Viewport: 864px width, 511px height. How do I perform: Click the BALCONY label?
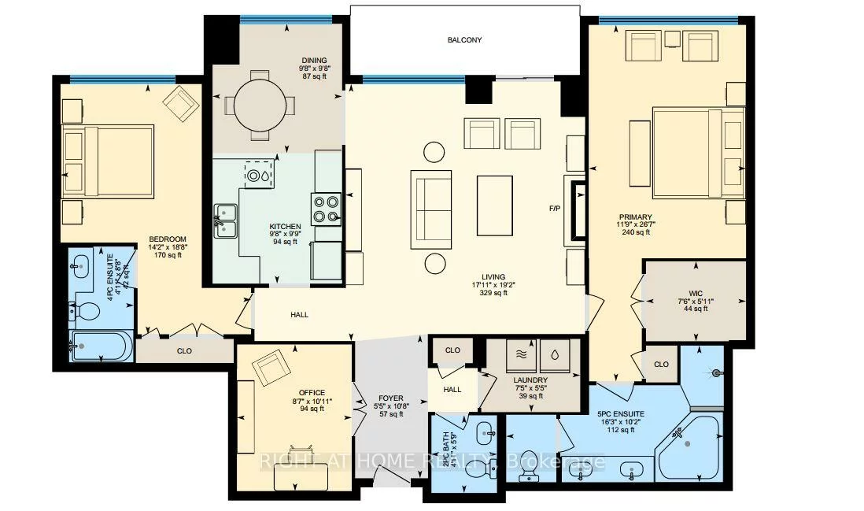[464, 40]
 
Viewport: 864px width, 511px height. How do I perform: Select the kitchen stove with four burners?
[326, 209]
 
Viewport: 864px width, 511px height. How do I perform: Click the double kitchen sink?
[226, 220]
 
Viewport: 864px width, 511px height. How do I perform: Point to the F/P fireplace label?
[555, 209]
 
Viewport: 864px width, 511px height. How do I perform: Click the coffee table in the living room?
[495, 205]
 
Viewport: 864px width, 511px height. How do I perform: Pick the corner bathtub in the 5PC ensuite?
[689, 447]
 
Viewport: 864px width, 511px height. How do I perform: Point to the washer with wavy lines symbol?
[520, 354]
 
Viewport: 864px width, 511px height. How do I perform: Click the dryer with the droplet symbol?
[557, 354]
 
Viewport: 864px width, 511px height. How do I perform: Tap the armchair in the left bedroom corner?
[183, 102]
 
